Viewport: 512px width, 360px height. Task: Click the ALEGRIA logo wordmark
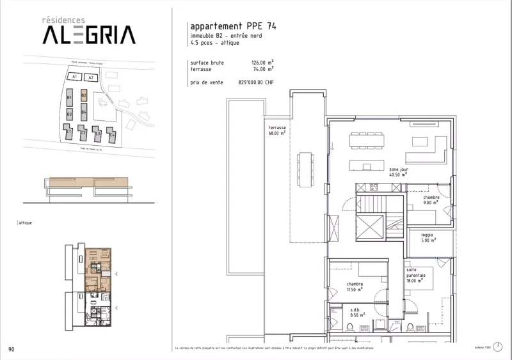tap(88, 35)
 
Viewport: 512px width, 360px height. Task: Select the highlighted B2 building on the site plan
tap(84, 97)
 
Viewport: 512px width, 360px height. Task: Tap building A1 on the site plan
tap(74, 77)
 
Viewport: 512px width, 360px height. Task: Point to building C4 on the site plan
tap(111, 135)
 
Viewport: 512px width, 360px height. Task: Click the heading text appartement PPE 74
tap(229, 26)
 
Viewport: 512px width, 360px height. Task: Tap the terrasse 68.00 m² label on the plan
tap(277, 131)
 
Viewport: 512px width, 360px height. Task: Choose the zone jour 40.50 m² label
tap(398, 172)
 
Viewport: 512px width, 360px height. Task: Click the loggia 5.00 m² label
tap(427, 237)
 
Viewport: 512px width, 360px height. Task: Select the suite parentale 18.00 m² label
tap(415, 276)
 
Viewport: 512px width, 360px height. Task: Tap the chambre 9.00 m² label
tap(431, 201)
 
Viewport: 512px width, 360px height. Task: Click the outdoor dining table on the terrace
tap(305, 169)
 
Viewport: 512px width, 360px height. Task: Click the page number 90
tap(12, 349)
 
